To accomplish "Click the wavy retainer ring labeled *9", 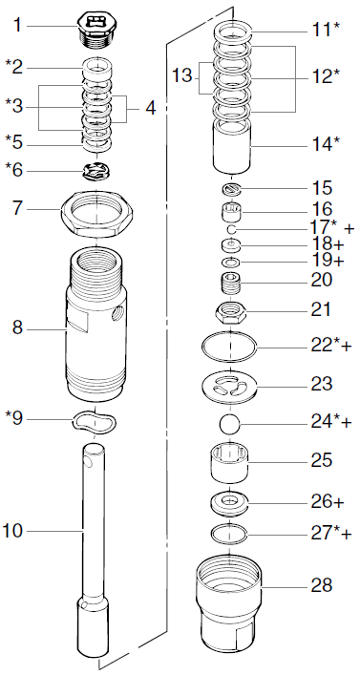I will coord(93,418).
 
